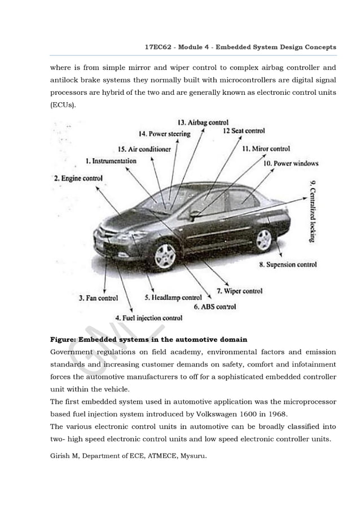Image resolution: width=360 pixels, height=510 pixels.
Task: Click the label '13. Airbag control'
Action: (203, 122)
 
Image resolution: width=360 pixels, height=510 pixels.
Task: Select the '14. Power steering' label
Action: (164, 134)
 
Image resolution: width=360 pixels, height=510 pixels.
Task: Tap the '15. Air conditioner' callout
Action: (144, 149)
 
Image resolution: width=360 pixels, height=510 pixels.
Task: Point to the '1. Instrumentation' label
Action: (111, 161)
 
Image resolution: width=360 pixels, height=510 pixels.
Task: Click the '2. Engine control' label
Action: (78, 178)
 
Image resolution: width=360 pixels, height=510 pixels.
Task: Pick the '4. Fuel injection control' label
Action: (148, 317)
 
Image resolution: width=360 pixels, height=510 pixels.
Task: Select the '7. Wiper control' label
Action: (240, 291)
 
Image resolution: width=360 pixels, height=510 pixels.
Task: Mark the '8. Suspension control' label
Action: (288, 264)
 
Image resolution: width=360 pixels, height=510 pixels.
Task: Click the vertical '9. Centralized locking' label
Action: (313, 211)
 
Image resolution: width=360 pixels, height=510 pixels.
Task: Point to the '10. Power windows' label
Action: (291, 163)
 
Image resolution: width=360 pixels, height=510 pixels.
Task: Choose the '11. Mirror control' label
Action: (266, 149)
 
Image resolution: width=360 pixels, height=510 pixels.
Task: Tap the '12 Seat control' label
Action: (243, 131)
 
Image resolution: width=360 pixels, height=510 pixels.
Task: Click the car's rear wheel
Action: (264, 240)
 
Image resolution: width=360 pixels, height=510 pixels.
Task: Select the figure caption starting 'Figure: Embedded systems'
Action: (148, 339)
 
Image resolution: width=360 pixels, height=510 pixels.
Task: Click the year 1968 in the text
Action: (276, 413)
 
